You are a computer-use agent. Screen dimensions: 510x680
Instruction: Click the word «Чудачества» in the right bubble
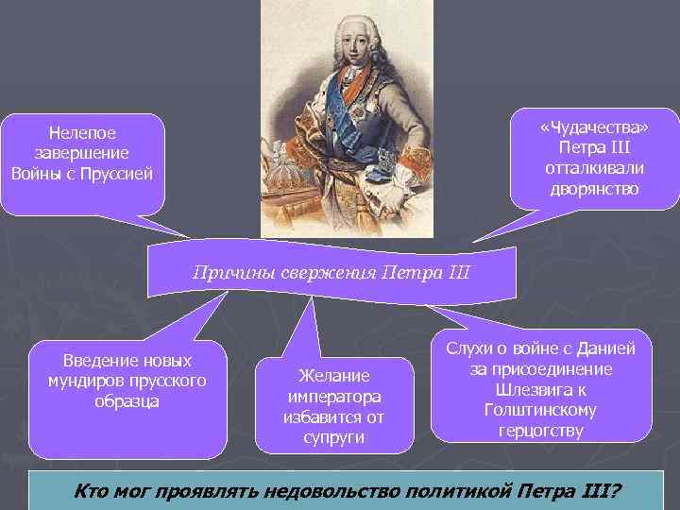(x=594, y=128)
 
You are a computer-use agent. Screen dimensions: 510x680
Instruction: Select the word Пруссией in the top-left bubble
(x=116, y=175)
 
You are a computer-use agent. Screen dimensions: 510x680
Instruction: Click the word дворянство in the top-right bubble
(x=594, y=189)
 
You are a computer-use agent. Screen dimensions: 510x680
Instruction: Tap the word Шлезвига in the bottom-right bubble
(x=521, y=390)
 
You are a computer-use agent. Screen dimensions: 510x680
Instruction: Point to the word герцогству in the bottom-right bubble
(x=539, y=431)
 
